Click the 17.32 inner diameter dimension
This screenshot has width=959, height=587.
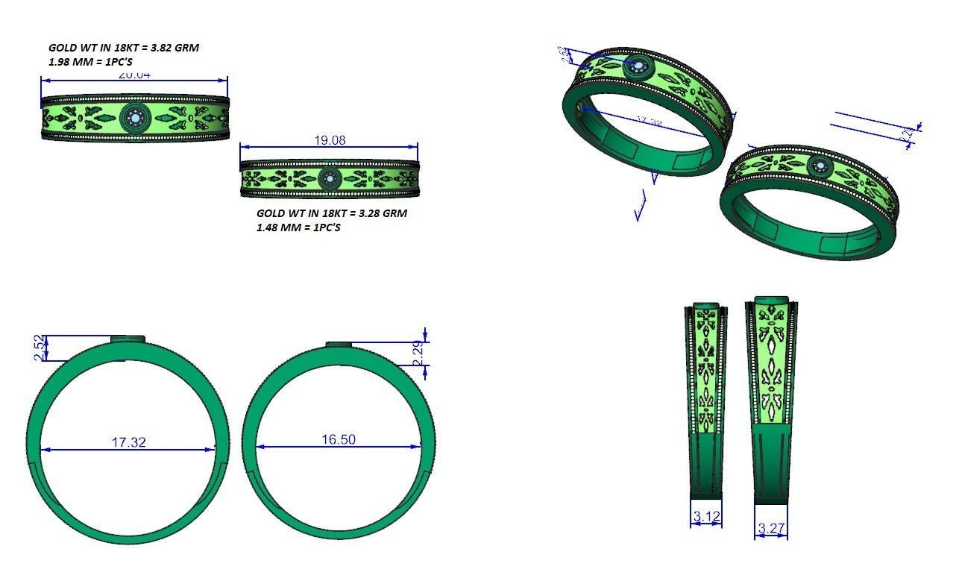coord(128,442)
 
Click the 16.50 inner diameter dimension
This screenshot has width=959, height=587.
coord(339,439)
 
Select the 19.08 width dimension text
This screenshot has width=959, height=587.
coord(329,140)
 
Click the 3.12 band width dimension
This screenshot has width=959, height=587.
coord(705,516)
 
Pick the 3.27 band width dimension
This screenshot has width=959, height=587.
coord(771,529)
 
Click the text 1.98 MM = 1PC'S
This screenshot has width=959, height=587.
coord(90,62)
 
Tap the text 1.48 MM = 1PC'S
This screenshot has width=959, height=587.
coord(298,227)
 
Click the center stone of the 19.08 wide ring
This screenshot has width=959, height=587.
coord(329,178)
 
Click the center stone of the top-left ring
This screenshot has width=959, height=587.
coord(135,116)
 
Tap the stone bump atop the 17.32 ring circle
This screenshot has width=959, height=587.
coord(128,339)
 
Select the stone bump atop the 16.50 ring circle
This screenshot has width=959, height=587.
coord(339,344)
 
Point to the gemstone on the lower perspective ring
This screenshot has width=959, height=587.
coord(819,166)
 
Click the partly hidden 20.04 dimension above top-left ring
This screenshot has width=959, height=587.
coord(134,75)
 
